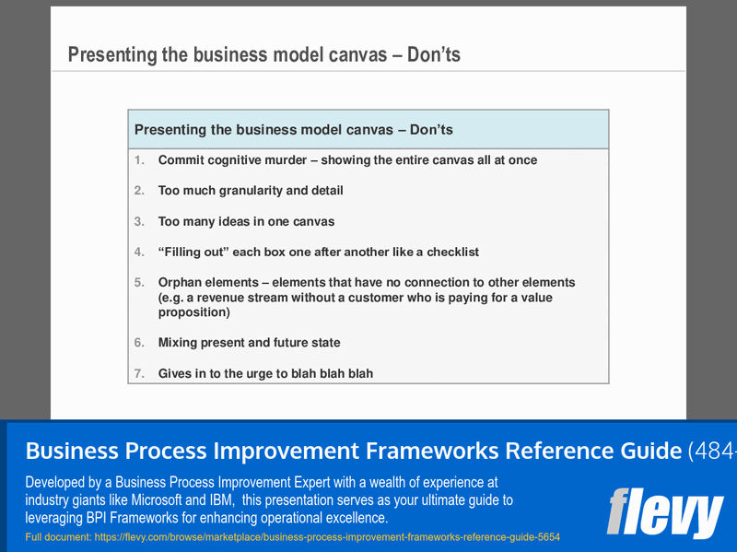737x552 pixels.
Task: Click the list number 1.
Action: click(x=140, y=160)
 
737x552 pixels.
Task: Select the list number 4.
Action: click(x=140, y=252)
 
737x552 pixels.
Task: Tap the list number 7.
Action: click(x=140, y=374)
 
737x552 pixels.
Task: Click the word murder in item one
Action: click(x=280, y=160)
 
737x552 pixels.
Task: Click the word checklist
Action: click(x=450, y=252)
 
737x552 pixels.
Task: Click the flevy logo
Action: click(x=664, y=511)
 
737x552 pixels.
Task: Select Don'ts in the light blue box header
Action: click(x=431, y=130)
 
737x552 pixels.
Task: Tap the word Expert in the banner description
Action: click(x=314, y=482)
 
